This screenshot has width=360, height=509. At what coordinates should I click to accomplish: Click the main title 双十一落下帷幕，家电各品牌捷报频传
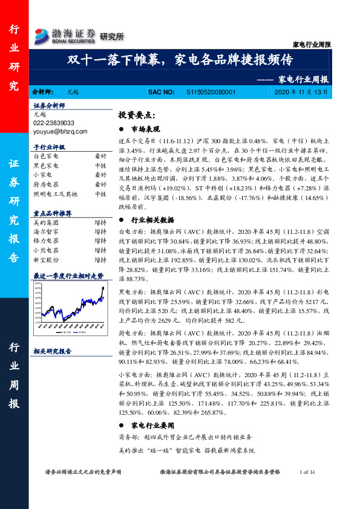180,60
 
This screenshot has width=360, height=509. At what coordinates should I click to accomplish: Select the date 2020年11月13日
301,92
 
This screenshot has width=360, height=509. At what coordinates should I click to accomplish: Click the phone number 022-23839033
54,122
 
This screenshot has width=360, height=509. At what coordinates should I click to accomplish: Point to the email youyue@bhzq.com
61,131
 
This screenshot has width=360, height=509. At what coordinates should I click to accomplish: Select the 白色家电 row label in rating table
46,156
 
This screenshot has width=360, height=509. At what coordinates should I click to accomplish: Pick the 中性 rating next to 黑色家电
100,165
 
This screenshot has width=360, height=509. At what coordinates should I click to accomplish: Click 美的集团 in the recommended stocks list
46,223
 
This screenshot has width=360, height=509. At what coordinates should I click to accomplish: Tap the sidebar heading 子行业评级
49,147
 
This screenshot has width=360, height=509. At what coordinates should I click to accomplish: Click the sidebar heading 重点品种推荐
52,213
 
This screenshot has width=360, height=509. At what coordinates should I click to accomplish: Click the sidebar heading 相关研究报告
52,351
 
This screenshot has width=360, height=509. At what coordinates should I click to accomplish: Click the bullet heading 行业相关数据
152,220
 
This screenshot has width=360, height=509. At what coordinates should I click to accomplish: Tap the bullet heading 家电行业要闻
152,424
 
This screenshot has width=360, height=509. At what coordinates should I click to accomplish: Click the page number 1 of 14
308,472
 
